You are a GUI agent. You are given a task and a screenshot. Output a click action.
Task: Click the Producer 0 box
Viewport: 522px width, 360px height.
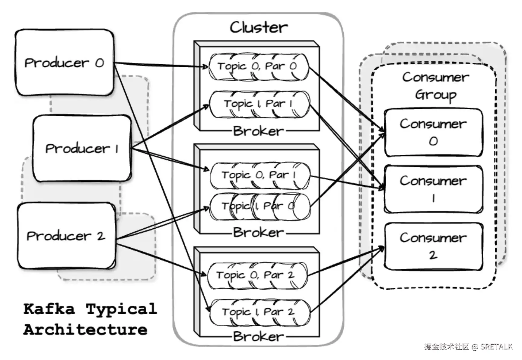pyautogui.click(x=64, y=63)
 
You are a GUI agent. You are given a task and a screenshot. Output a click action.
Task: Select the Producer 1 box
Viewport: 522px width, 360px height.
pyautogui.click(x=82, y=148)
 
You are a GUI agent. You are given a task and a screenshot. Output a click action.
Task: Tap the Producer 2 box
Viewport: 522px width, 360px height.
pyautogui.click(x=66, y=236)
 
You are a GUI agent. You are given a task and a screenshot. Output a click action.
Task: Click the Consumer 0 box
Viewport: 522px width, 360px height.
pyautogui.click(x=433, y=132)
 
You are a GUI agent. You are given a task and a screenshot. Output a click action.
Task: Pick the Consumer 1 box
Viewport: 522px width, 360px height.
pyautogui.click(x=433, y=189)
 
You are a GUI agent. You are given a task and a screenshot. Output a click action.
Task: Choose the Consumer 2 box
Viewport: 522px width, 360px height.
pyautogui.click(x=433, y=246)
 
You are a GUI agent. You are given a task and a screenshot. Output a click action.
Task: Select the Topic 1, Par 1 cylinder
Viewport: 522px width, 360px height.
pyautogui.click(x=259, y=104)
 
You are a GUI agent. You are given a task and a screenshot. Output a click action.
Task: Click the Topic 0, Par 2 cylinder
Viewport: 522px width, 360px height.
pyautogui.click(x=257, y=276)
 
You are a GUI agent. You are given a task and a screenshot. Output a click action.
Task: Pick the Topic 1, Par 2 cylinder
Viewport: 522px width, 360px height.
pyautogui.click(x=259, y=312)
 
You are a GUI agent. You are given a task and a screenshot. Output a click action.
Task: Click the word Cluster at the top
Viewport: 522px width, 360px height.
pyautogui.click(x=259, y=27)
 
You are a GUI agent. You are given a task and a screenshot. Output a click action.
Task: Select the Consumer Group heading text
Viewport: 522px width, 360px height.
pyautogui.click(x=435, y=86)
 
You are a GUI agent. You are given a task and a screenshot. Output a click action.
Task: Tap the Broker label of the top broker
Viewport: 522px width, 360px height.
pyautogui.click(x=258, y=131)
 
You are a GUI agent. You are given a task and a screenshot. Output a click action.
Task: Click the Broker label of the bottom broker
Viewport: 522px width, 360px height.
pyautogui.click(x=258, y=336)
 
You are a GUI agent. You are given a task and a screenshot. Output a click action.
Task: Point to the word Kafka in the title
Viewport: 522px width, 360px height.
pyautogui.click(x=49, y=309)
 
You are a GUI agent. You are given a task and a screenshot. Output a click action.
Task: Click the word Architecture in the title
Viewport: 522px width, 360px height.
pyautogui.click(x=85, y=329)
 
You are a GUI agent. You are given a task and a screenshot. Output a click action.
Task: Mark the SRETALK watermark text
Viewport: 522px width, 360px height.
pyautogui.click(x=496, y=346)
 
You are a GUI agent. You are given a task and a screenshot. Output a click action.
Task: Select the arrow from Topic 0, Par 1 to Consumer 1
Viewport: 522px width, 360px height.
pyautogui.click(x=347, y=182)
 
